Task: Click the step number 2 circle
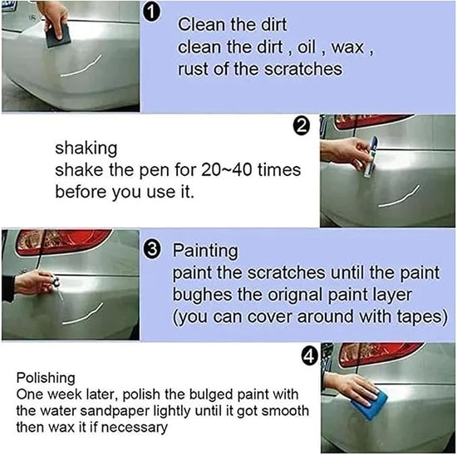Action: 302,127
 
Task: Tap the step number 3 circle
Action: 153,249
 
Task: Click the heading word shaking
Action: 86,149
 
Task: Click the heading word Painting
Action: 204,250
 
